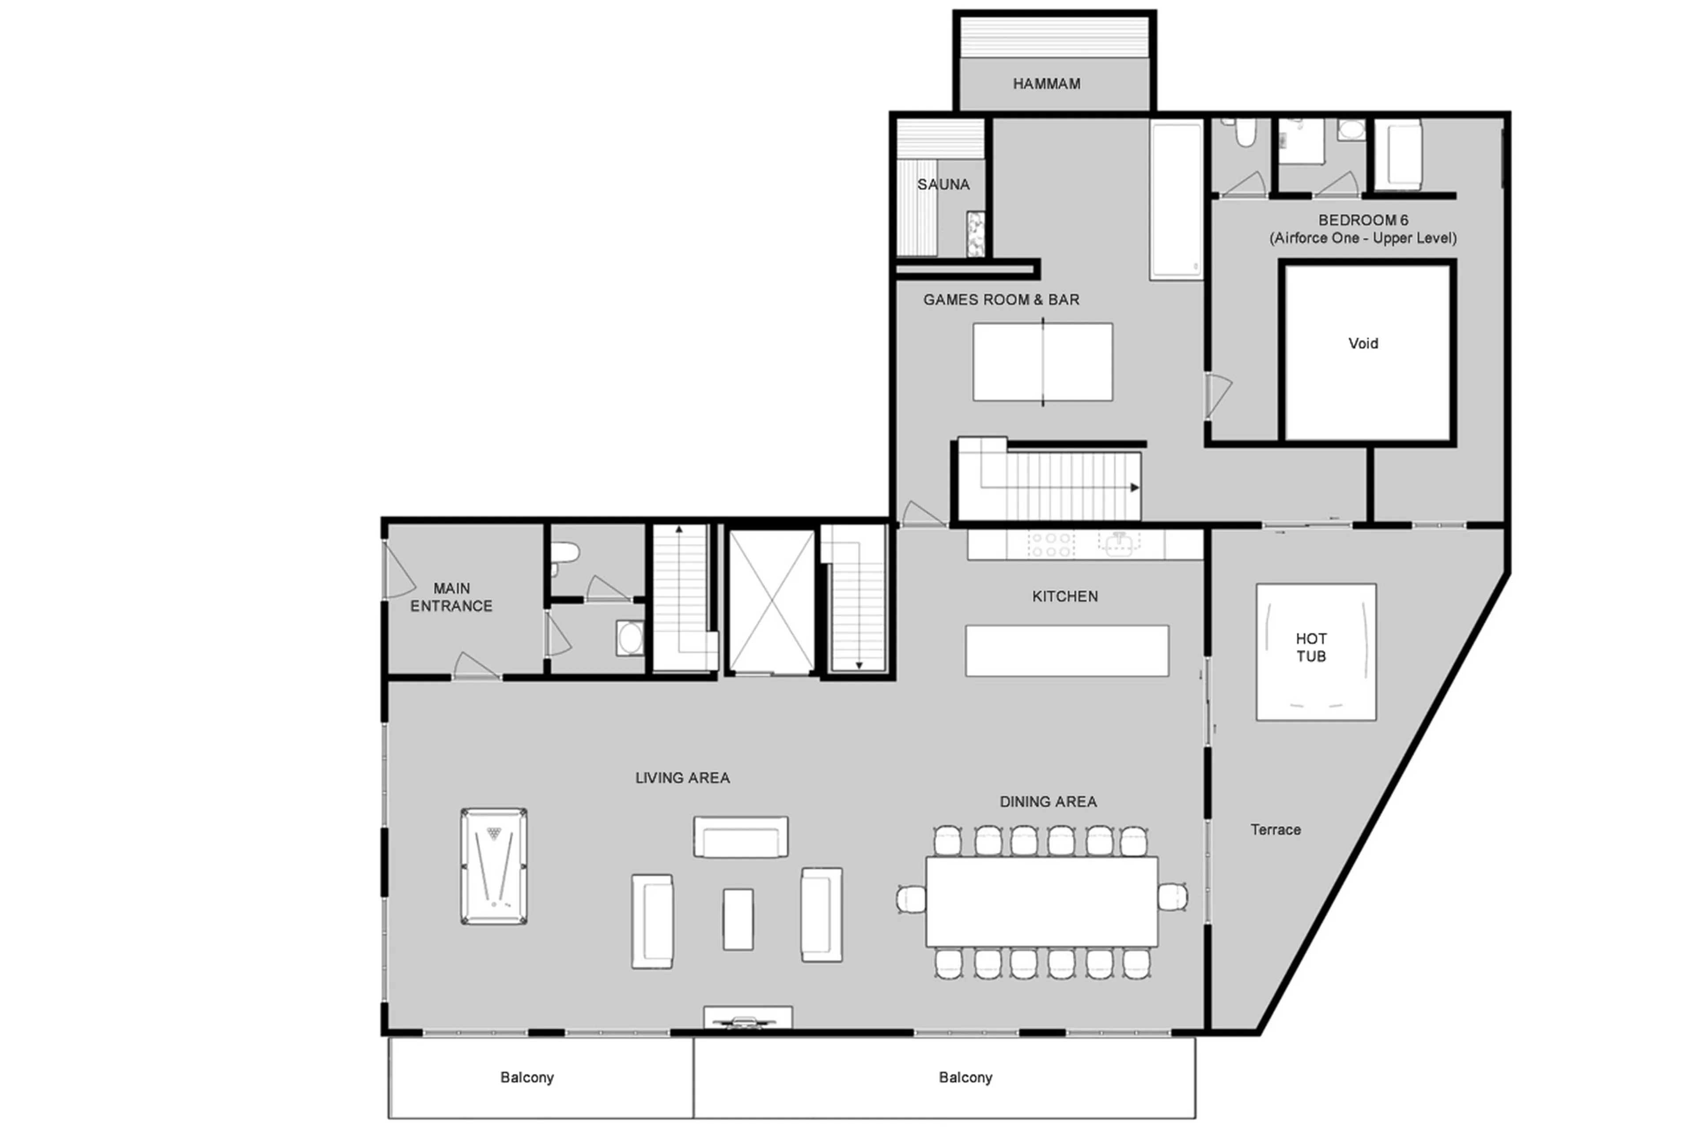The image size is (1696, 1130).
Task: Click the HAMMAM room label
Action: point(1046,83)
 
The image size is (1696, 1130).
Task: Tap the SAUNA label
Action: point(943,185)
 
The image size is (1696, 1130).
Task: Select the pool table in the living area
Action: point(494,866)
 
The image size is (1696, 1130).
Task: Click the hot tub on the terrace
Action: point(1315,651)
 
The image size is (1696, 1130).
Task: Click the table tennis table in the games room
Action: point(1042,362)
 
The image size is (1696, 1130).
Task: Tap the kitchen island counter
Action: point(1067,651)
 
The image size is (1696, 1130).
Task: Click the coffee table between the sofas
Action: point(738,919)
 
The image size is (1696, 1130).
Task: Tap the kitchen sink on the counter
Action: point(1119,544)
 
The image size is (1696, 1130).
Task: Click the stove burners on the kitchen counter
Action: point(1051,544)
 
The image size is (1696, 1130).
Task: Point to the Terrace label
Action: point(1275,829)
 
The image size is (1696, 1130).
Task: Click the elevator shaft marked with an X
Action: point(771,602)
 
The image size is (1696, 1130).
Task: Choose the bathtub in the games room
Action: point(1176,200)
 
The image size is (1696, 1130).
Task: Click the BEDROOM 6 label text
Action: point(1362,220)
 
